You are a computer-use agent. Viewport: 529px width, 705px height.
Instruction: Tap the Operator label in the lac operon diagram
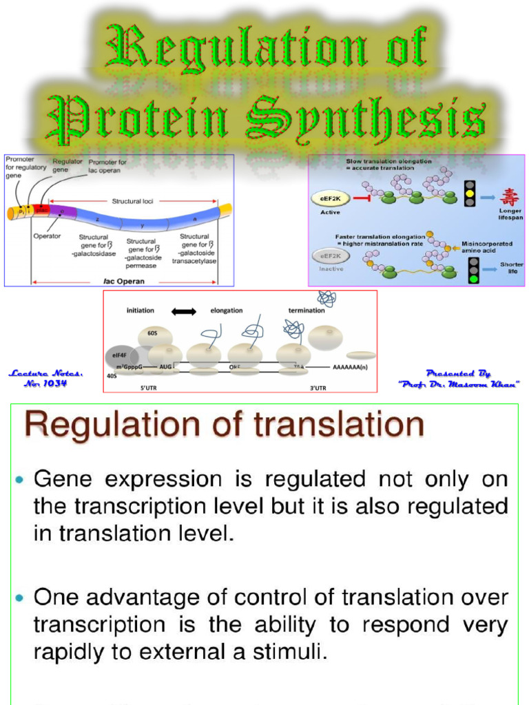[x=48, y=234]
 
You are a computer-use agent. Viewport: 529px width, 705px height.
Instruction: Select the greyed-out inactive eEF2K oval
[x=331, y=256]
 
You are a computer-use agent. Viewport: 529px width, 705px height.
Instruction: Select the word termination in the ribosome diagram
[x=307, y=311]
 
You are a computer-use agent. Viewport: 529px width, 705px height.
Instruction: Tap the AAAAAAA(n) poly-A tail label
[x=350, y=368]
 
